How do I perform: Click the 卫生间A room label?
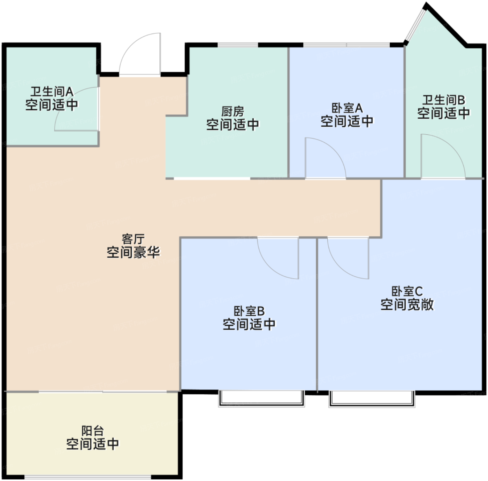[52, 92]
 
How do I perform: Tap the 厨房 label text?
[233, 111]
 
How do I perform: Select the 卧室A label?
[347, 109]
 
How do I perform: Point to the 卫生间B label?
[443, 100]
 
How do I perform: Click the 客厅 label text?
[133, 239]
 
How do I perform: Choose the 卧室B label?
[249, 311]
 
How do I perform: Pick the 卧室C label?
[407, 291]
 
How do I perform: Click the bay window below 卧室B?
[261, 399]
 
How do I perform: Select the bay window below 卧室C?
[372, 399]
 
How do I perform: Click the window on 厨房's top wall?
[238, 45]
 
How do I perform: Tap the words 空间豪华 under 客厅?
[133, 252]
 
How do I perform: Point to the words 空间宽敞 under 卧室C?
[407, 305]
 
